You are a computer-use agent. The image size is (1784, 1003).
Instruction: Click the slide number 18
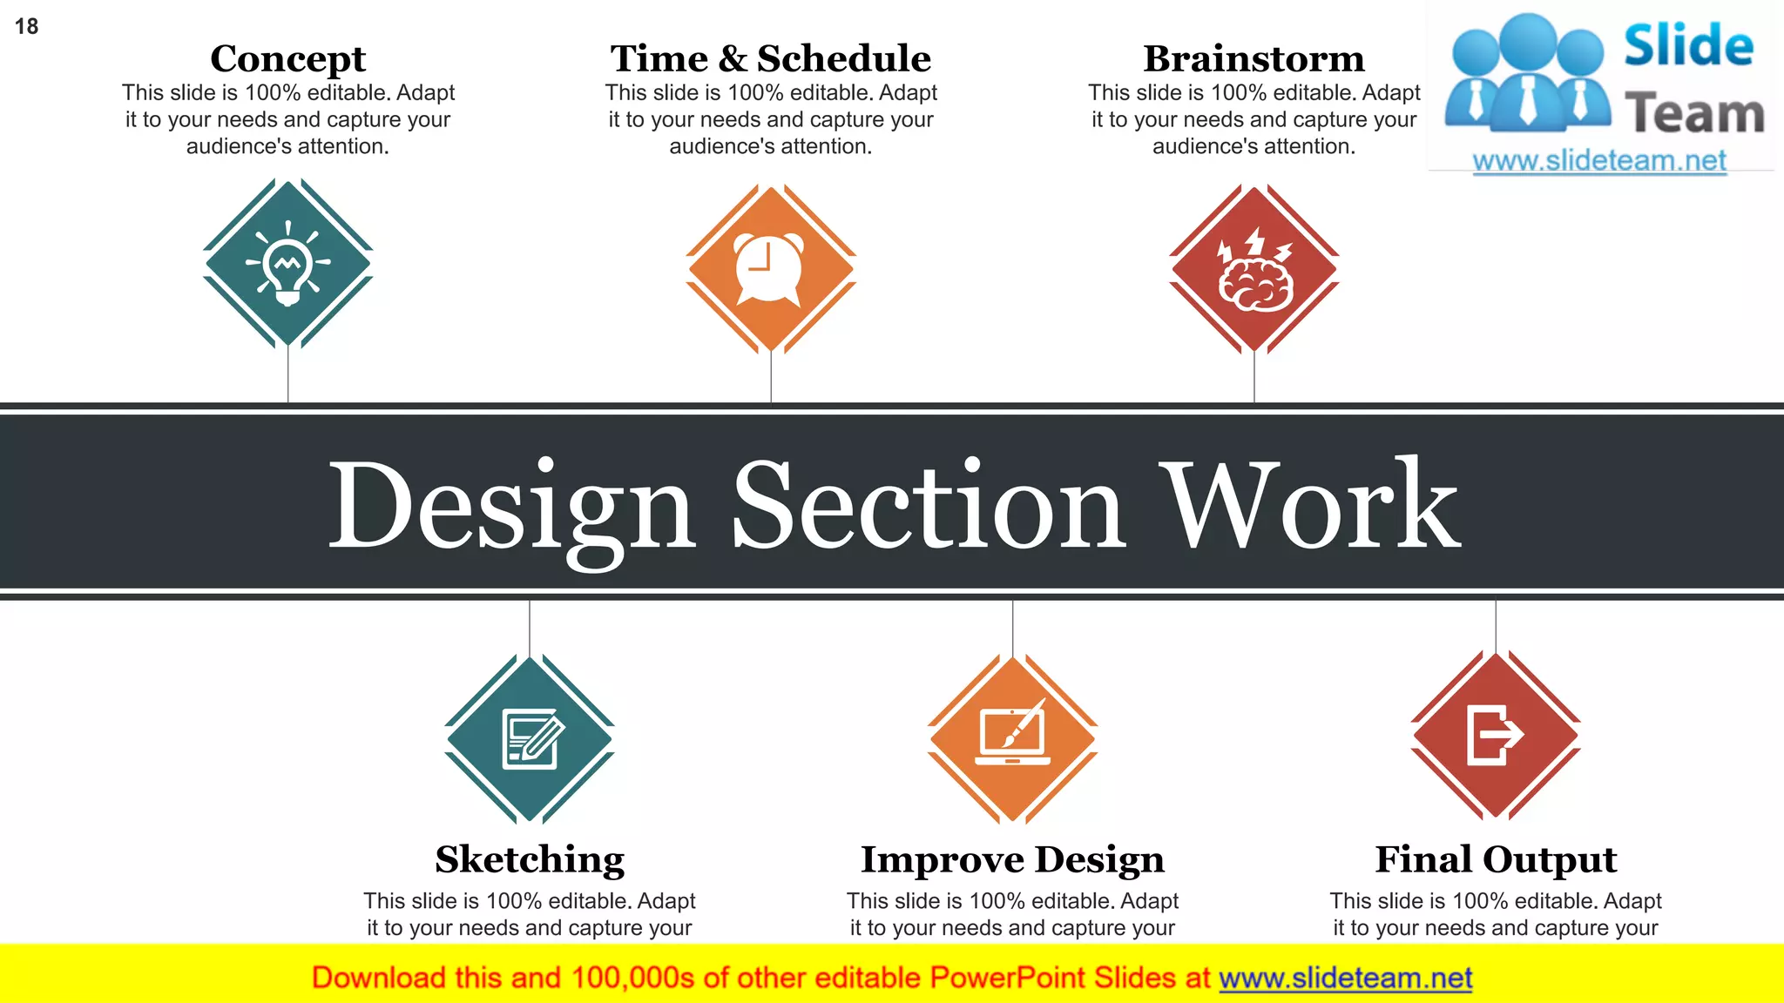tap(27, 27)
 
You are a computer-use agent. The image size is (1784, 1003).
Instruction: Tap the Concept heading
tap(287, 59)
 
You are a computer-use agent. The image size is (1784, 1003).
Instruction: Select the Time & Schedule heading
tap(771, 59)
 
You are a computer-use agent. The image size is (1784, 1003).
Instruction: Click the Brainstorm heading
tap(1254, 59)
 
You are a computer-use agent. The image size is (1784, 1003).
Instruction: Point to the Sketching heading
tap(530, 860)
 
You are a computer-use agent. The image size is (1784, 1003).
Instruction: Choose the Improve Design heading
tap(1012, 860)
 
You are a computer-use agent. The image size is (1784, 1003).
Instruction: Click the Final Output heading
tap(1496, 860)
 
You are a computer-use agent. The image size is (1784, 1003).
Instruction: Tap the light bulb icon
tap(287, 263)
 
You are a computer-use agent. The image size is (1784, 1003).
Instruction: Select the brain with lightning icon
tap(1254, 270)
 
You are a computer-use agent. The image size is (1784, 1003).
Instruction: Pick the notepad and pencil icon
tap(531, 739)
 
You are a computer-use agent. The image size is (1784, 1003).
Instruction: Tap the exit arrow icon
tap(1495, 735)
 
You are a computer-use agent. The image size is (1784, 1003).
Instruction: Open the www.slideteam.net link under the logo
tap(1599, 161)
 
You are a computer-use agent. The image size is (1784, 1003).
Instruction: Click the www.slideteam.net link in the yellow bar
tap(1345, 978)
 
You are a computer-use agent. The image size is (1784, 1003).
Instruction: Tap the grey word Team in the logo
tap(1694, 113)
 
